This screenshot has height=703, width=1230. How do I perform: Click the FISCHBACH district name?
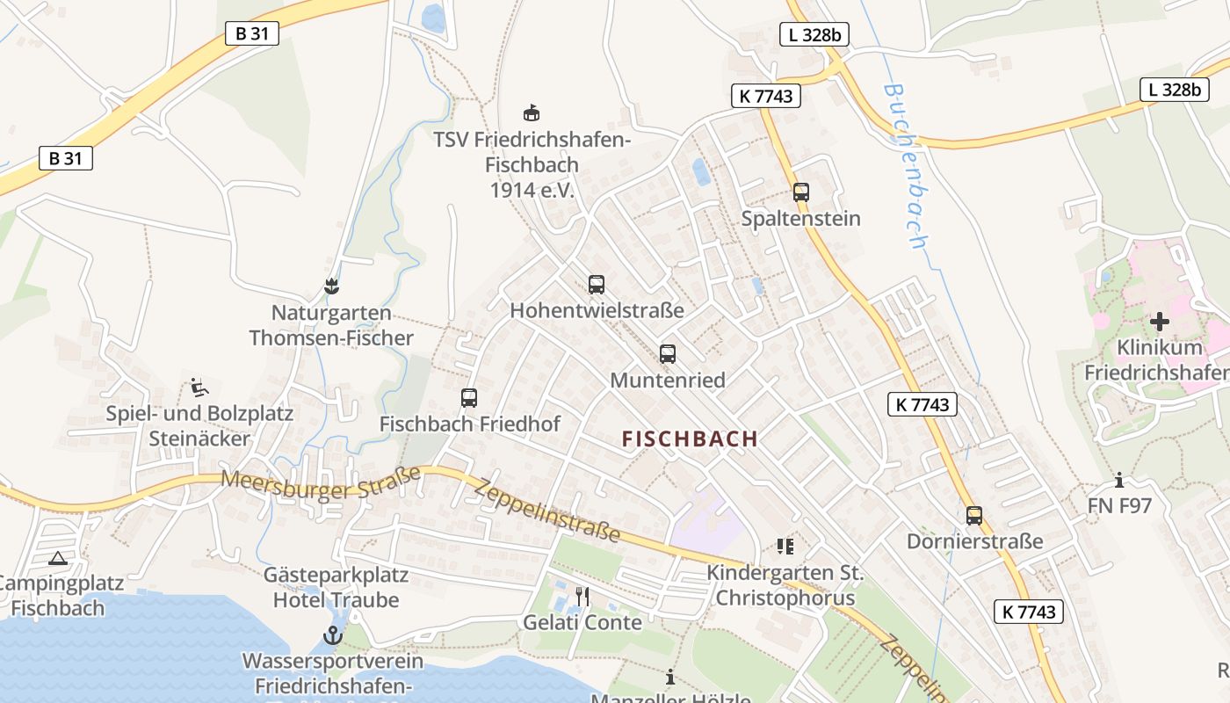click(690, 439)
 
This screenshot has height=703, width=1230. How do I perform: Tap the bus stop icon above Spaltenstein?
click(800, 192)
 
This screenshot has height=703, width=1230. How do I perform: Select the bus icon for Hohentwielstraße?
click(597, 285)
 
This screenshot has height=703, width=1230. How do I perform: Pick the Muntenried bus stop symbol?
click(668, 354)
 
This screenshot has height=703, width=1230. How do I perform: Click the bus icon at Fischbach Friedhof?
click(469, 398)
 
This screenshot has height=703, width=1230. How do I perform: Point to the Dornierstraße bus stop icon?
click(974, 516)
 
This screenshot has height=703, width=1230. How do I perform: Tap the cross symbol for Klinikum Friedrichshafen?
click(1160, 322)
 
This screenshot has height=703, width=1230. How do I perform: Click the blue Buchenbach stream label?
click(907, 165)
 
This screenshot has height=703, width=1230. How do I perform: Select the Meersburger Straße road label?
click(321, 483)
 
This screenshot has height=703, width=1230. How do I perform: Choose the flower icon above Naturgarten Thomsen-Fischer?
click(331, 286)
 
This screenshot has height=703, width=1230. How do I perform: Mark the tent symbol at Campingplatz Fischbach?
click(58, 558)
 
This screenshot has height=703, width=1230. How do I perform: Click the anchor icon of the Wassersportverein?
click(333, 634)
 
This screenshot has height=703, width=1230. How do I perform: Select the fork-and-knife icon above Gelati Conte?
click(582, 597)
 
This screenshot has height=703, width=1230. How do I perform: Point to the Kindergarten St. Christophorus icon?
click(785, 547)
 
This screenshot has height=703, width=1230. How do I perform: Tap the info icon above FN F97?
click(1119, 481)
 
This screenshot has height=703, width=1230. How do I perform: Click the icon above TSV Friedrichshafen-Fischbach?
click(532, 112)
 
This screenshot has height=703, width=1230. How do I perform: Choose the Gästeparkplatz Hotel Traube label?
click(336, 588)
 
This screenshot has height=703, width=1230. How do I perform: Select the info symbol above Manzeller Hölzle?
click(670, 678)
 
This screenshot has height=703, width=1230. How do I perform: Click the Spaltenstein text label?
click(800, 219)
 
